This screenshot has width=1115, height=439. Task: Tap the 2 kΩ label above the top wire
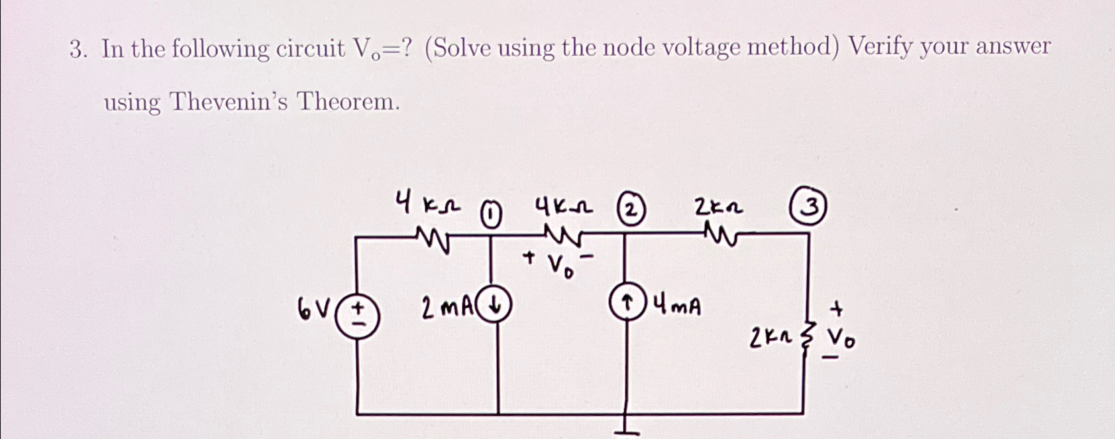[717, 208]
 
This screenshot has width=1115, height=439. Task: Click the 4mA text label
[677, 306]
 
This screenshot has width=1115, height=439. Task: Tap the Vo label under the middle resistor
[559, 266]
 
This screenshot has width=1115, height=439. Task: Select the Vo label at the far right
[841, 341]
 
